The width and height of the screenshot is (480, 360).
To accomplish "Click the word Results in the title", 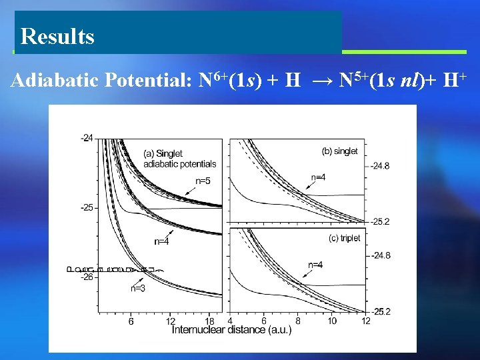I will [x=57, y=36].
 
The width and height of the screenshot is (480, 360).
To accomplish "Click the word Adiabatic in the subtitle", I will [x=55, y=81].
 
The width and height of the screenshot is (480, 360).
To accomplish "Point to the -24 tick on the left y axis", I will [x=87, y=138].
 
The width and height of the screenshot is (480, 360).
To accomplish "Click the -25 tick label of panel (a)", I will [x=87, y=207].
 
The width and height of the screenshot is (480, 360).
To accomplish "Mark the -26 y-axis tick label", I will [x=87, y=277].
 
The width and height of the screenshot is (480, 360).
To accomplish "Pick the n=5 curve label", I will [x=203, y=181].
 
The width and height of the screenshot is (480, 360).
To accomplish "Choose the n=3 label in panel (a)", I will [x=137, y=288].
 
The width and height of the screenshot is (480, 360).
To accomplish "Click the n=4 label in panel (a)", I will [x=161, y=242].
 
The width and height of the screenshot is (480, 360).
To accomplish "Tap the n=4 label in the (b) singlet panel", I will [x=319, y=177].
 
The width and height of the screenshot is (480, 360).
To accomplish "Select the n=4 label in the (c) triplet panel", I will [x=316, y=265].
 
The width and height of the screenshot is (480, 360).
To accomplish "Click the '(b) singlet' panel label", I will [x=340, y=151].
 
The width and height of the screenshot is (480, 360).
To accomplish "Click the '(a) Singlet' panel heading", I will [x=163, y=154].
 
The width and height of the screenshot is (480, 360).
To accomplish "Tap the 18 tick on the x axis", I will [x=210, y=321].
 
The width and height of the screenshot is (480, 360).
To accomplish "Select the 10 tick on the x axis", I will [x=332, y=321].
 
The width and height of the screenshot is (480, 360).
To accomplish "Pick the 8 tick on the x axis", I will [x=298, y=321].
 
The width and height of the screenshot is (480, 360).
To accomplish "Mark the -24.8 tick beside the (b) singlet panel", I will [x=382, y=165].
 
